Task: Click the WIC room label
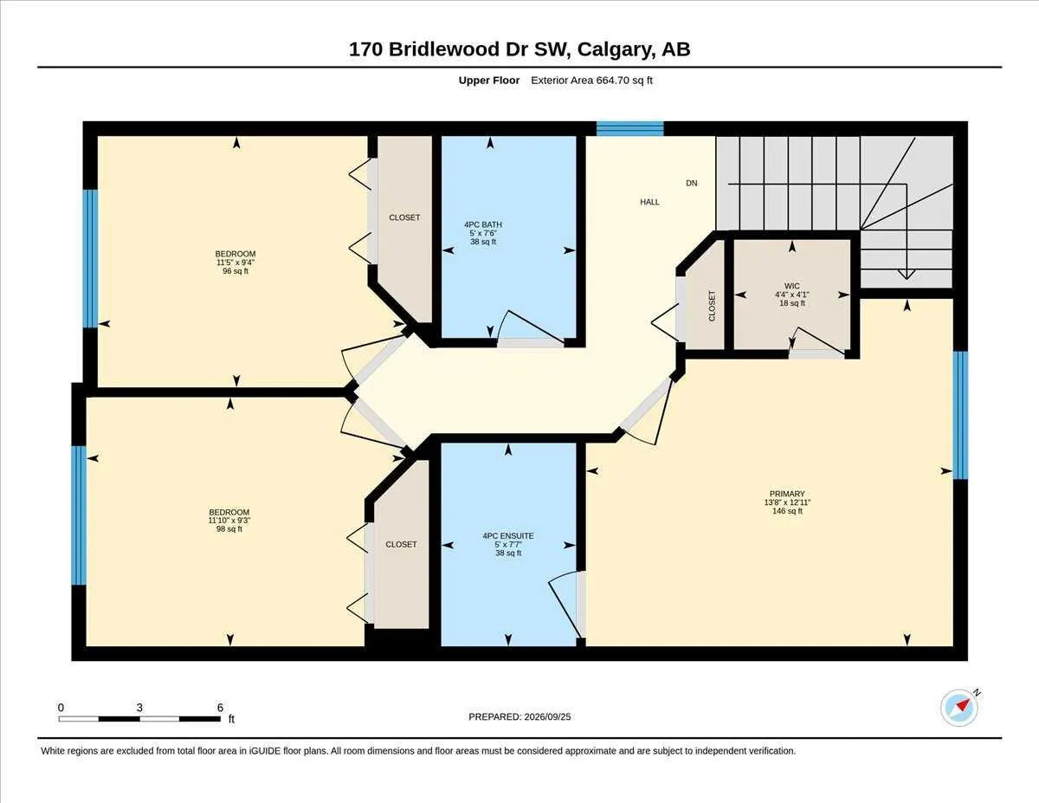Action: [791, 286]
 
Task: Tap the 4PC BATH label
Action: [483, 224]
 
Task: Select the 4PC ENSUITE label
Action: [508, 536]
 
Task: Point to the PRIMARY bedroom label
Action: [788, 494]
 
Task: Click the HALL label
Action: [649, 203]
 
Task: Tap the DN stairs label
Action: [692, 183]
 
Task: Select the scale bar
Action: [139, 719]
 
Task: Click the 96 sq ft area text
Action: [236, 271]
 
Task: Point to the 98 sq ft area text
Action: [229, 529]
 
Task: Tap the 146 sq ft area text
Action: [788, 511]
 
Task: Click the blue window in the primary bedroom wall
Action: [960, 415]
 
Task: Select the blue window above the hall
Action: [629, 129]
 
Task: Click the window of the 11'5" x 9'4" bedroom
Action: [90, 259]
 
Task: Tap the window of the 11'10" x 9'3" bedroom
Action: [79, 515]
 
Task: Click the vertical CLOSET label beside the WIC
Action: [712, 306]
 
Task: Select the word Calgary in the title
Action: [616, 49]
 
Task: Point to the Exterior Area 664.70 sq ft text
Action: [591, 81]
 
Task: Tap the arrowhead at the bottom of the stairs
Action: [907, 275]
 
